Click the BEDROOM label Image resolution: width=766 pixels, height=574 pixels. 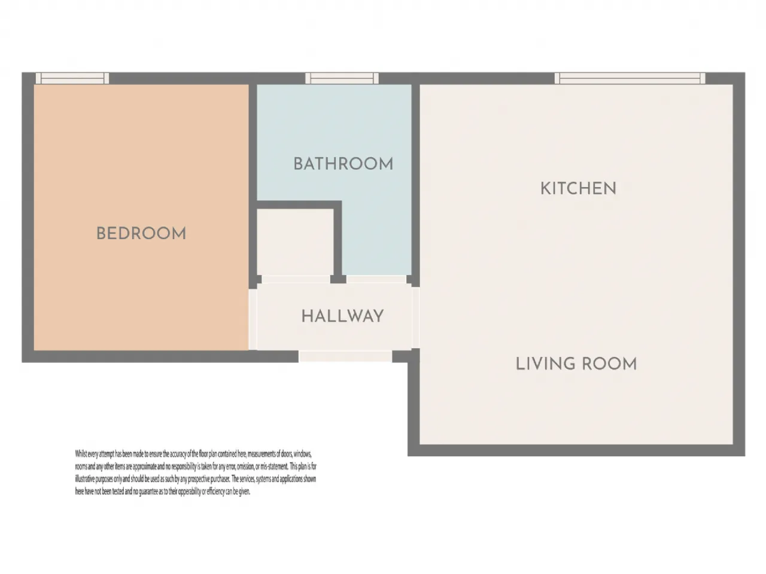pyautogui.click(x=141, y=233)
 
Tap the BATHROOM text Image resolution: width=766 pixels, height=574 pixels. pyautogui.click(x=343, y=164)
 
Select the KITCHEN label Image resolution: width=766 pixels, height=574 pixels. pyautogui.click(x=578, y=188)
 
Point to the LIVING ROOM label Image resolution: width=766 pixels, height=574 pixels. pyautogui.click(x=576, y=364)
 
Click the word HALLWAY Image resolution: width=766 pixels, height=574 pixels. pyautogui.click(x=342, y=316)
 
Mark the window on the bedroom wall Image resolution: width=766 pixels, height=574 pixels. pyautogui.click(x=72, y=78)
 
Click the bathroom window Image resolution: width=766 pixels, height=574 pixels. pyautogui.click(x=342, y=78)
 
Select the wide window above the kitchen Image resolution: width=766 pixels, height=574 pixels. pyautogui.click(x=630, y=78)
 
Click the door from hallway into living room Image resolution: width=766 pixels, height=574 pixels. pyautogui.click(x=416, y=317)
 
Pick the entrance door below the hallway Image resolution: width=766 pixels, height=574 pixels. pyautogui.click(x=345, y=356)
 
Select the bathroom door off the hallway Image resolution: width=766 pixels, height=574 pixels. pyautogui.click(x=376, y=279)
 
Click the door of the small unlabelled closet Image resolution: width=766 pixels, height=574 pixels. pyautogui.click(x=296, y=279)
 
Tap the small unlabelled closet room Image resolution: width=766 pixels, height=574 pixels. pyautogui.click(x=295, y=242)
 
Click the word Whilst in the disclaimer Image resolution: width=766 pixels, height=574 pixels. pyautogui.click(x=82, y=454)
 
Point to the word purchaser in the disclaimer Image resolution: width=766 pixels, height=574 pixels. pyautogui.click(x=218, y=479)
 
